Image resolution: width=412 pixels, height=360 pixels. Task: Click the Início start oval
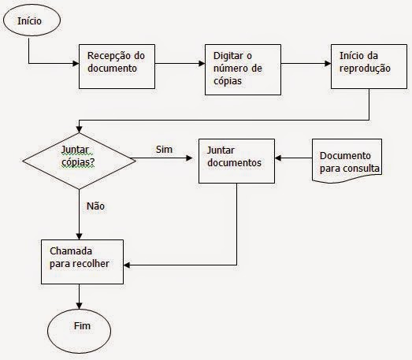[32, 20]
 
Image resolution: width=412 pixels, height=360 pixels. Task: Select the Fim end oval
[79, 331]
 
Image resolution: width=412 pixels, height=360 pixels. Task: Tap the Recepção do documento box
[117, 66]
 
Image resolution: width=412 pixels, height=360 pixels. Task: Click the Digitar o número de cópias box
[243, 69]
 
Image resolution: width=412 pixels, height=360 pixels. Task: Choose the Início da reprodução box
[369, 66]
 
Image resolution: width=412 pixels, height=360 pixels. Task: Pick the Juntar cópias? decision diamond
[79, 161]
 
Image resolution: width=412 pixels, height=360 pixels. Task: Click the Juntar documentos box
[237, 161]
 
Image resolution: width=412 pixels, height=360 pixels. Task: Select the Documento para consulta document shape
[347, 161]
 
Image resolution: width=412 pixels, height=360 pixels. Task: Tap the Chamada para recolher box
[82, 262]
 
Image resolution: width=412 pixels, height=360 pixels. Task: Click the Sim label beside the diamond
[164, 149]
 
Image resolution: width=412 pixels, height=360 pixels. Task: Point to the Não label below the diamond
[95, 206]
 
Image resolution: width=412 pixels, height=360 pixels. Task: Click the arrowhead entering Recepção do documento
[76, 63]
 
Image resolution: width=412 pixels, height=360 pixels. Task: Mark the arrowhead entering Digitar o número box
[202, 63]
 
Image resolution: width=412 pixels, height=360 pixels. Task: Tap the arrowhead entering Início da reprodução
[328, 63]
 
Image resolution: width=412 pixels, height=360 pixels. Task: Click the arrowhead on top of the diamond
[79, 129]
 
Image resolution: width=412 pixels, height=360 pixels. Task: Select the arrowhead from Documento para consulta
[278, 158]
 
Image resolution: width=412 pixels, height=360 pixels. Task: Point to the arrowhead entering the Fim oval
[79, 306]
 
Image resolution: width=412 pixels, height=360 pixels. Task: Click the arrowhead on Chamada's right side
[127, 265]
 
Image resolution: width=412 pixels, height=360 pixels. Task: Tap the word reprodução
[365, 69]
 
